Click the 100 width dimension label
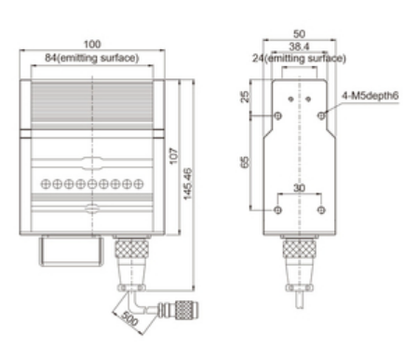[x=92, y=45]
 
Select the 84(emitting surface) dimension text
[x=92, y=58]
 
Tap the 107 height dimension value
[x=174, y=156]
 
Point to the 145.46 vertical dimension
[x=188, y=184]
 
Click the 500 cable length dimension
[x=129, y=318]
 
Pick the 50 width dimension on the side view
[x=299, y=33]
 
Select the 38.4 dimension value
[x=299, y=47]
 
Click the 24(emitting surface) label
[x=299, y=59]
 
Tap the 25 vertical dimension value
[x=245, y=97]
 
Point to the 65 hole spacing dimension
[x=245, y=162]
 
